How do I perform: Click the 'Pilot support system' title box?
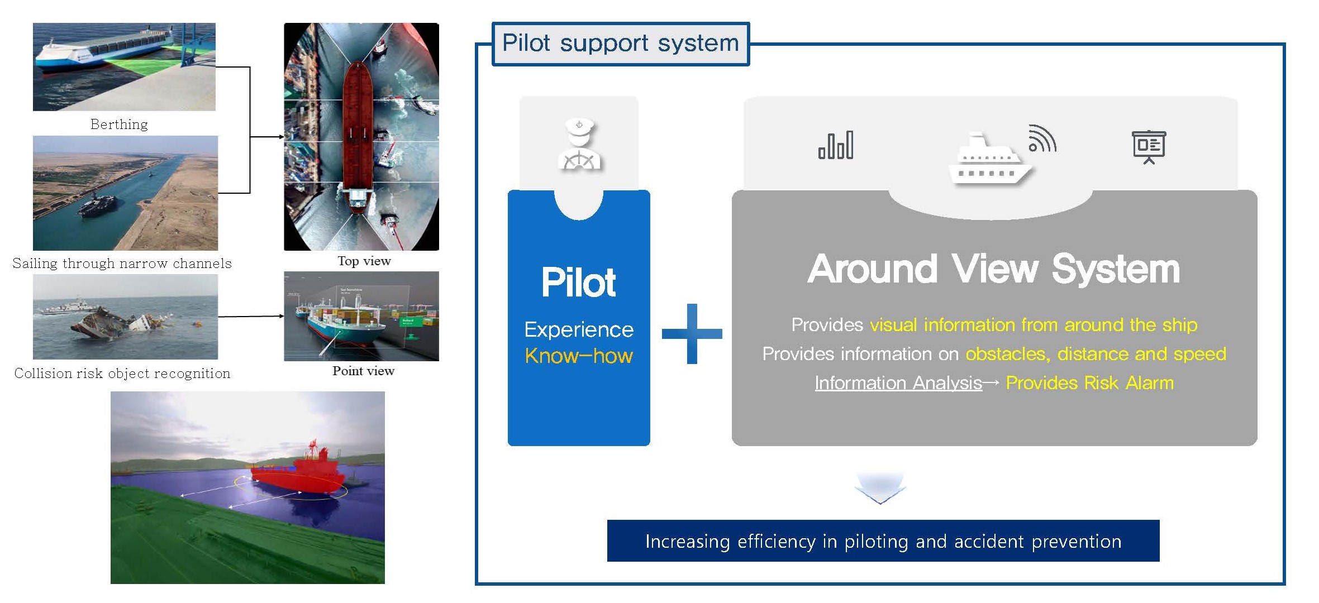point(620,44)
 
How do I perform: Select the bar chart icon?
point(835,145)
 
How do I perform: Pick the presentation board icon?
point(1149,146)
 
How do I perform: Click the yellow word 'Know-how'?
point(579,356)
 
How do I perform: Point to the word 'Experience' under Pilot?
point(579,329)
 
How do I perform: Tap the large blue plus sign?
point(692,334)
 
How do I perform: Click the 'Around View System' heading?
point(993,269)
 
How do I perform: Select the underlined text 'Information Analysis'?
point(898,383)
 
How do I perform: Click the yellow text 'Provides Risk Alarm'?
point(1089,383)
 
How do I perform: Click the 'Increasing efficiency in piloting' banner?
point(883,541)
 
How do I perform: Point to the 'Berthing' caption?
point(119,124)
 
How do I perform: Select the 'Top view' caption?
point(364,261)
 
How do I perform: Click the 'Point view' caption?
point(363,371)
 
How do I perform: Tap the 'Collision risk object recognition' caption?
point(122,373)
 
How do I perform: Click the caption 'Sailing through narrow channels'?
point(122,263)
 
